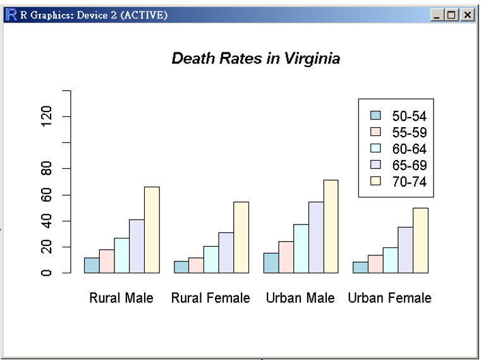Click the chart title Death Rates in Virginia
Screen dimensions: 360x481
pyautogui.click(x=256, y=59)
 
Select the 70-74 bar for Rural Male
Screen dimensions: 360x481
pyautogui.click(x=152, y=230)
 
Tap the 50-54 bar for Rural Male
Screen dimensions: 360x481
pyautogui.click(x=92, y=266)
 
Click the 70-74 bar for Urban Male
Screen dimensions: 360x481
pyautogui.click(x=331, y=227)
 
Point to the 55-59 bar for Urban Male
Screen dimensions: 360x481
pyautogui.click(x=286, y=258)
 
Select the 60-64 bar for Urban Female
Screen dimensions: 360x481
pyautogui.click(x=390, y=261)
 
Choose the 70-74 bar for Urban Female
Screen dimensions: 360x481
pyautogui.click(x=420, y=240)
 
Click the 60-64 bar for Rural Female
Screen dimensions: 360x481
pyautogui.click(x=211, y=260)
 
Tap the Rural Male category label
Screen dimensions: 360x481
pyautogui.click(x=121, y=298)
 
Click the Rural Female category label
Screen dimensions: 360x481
pyautogui.click(x=210, y=298)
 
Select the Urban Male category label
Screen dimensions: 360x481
pyautogui.click(x=300, y=298)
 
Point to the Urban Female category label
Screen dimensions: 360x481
pyautogui.click(x=389, y=298)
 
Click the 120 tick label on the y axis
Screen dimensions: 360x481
pyautogui.click(x=46, y=117)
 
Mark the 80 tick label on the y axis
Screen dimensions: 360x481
pyautogui.click(x=46, y=169)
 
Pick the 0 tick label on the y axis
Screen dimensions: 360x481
pyautogui.click(x=46, y=273)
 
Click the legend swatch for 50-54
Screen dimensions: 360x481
pyautogui.click(x=376, y=116)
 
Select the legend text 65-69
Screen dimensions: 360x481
pyautogui.click(x=410, y=166)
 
